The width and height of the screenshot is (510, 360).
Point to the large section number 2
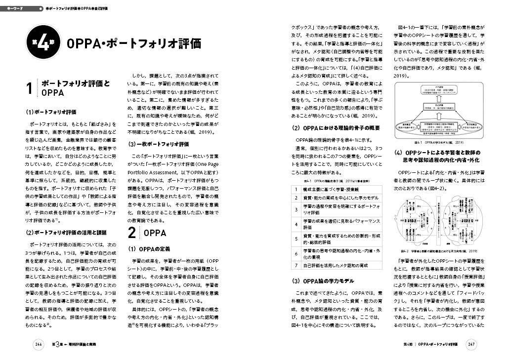[132, 233]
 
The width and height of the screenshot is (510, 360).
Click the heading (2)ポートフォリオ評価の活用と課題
[67, 232]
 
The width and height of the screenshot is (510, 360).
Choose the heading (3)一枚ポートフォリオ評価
[158, 144]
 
